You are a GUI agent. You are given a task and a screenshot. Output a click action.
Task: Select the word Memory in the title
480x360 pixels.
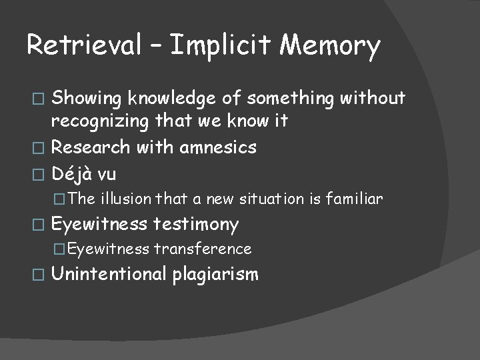(331, 46)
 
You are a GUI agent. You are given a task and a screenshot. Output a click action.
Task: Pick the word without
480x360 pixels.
(373, 99)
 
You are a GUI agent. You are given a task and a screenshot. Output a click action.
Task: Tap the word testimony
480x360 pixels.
(196, 225)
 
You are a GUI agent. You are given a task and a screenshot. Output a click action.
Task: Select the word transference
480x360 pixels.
(203, 249)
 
